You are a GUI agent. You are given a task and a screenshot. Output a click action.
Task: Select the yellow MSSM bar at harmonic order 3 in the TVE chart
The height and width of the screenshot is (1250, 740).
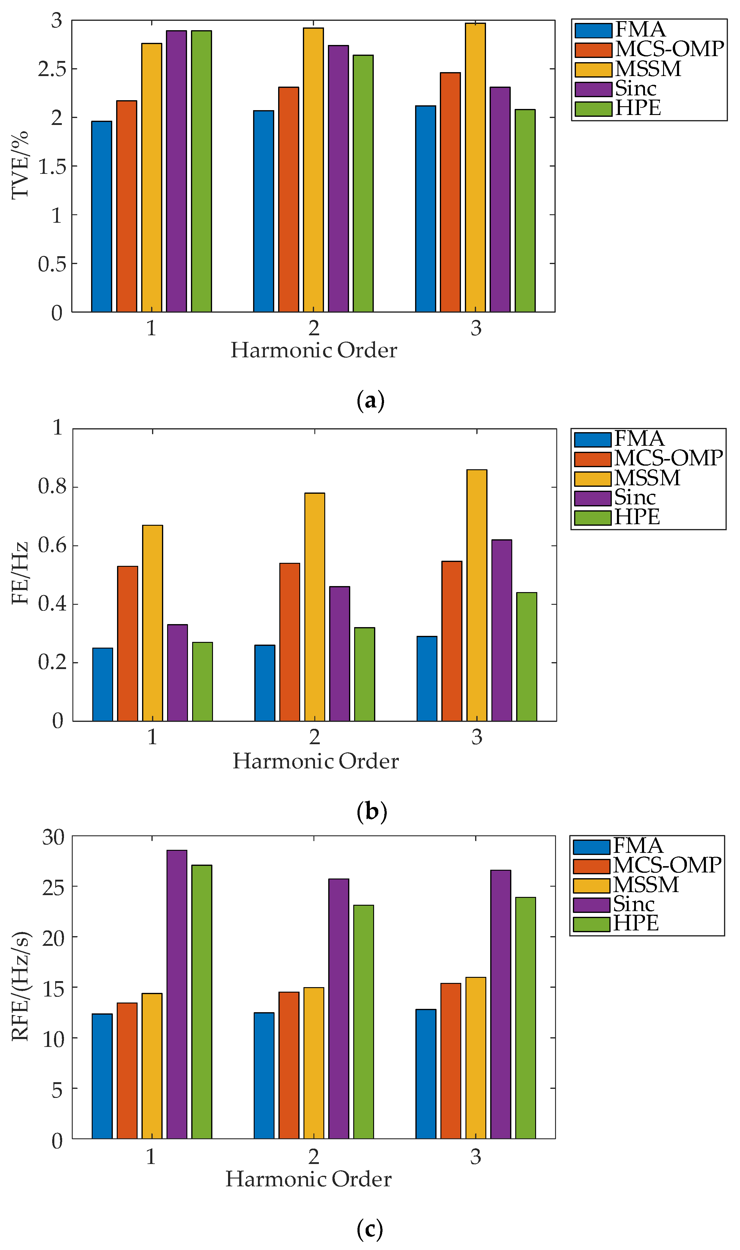[475, 167]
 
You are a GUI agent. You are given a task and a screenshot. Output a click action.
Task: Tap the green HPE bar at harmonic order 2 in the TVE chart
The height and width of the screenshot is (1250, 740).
[363, 183]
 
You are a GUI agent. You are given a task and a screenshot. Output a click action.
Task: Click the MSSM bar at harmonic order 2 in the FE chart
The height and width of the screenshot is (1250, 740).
[315, 607]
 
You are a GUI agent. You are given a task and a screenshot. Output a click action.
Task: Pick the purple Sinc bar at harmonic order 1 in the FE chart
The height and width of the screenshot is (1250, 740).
[177, 673]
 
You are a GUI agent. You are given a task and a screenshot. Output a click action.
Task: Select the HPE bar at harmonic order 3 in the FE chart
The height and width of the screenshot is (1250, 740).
[527, 657]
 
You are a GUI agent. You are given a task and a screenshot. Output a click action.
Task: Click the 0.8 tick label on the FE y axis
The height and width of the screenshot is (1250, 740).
[52, 486]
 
